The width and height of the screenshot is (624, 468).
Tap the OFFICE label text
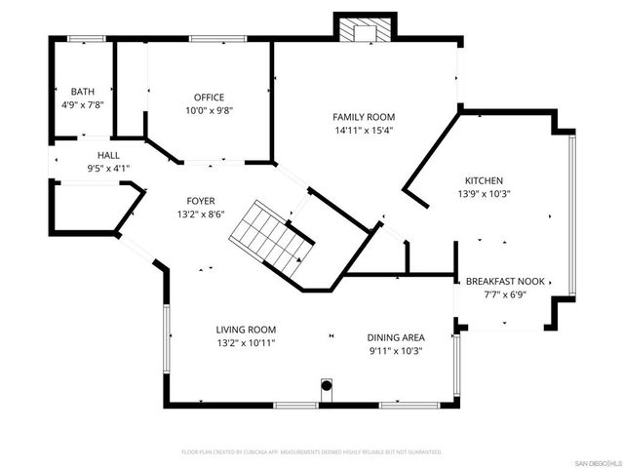point(209,97)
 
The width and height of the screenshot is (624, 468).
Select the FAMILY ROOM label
point(365,117)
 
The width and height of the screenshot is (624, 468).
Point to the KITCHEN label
point(483,181)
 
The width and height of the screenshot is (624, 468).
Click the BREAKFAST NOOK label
point(503,282)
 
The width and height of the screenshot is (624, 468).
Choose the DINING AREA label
point(395,337)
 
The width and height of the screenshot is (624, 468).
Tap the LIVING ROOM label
point(246,331)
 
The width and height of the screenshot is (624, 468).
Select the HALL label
point(108,155)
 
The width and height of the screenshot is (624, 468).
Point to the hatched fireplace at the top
point(365,30)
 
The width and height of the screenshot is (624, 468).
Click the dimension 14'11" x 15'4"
point(365,130)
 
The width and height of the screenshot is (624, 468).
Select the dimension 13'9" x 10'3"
point(483,194)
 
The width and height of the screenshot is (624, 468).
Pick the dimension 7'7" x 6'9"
point(503,294)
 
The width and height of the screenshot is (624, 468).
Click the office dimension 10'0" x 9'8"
point(209,110)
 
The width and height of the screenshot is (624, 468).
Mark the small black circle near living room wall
point(328,386)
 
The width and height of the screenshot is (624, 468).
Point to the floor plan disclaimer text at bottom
point(312,452)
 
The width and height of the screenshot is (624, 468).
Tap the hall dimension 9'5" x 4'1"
point(108,168)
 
